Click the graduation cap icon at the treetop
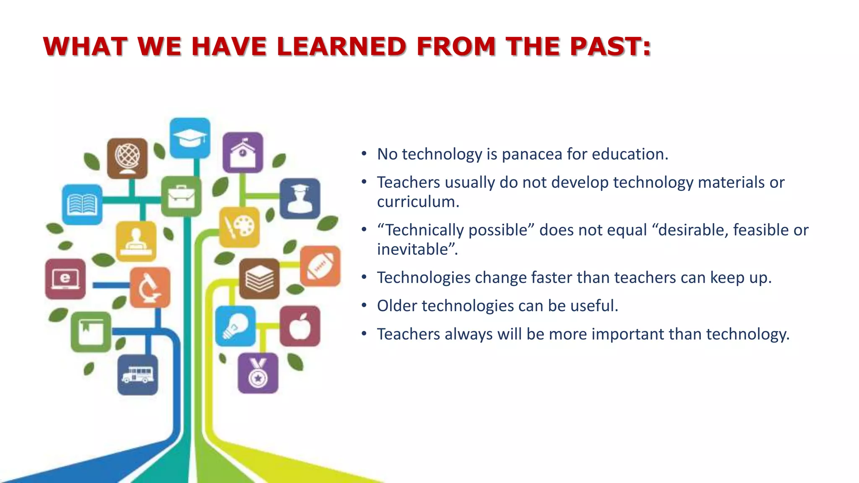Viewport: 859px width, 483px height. (x=190, y=138)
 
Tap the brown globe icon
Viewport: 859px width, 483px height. (x=128, y=158)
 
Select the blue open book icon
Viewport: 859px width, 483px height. (x=82, y=204)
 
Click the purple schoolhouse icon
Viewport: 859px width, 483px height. (x=243, y=152)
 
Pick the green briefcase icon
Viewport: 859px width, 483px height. (x=181, y=196)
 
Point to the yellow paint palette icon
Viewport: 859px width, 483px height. (x=239, y=227)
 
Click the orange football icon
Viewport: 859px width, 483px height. (x=320, y=266)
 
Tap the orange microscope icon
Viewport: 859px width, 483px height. (x=150, y=287)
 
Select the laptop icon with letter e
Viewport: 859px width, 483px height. (x=65, y=279)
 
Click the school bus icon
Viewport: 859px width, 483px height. (x=138, y=374)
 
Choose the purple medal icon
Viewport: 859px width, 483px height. (x=258, y=373)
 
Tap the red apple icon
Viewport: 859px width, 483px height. (x=300, y=326)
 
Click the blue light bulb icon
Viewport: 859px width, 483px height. (x=235, y=326)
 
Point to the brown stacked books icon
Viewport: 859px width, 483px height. (x=259, y=278)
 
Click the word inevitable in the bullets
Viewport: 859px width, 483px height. (x=413, y=249)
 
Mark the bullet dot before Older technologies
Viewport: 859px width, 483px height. (x=364, y=306)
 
